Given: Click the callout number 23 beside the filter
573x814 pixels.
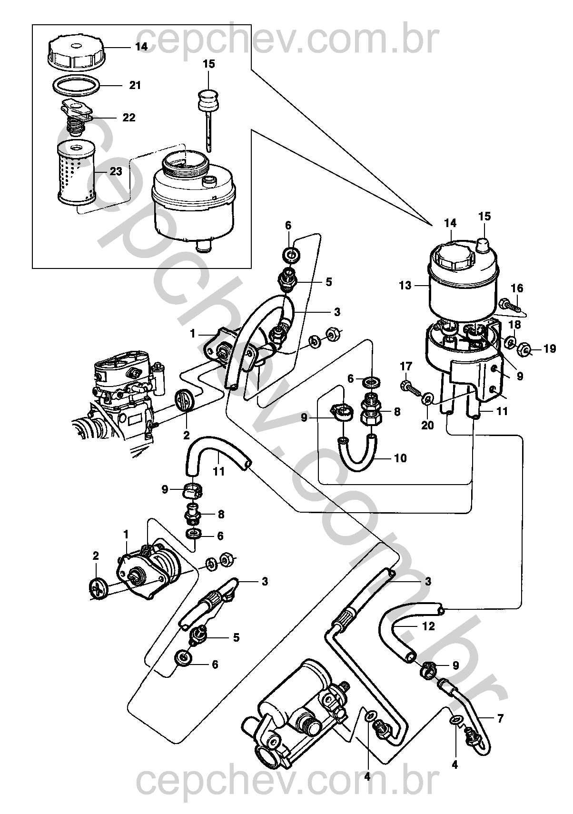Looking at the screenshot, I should pyautogui.click(x=116, y=172).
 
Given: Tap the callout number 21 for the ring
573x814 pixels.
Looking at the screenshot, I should pyautogui.click(x=135, y=86).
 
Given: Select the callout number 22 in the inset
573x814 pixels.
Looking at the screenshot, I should pyautogui.click(x=129, y=118).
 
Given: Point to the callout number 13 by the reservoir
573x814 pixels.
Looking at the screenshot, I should pyautogui.click(x=405, y=286).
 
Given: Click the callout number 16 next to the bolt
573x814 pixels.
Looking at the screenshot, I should pyautogui.click(x=517, y=288).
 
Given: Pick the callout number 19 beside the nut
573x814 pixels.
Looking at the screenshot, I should pyautogui.click(x=550, y=349).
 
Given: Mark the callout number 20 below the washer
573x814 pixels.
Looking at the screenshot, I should pyautogui.click(x=428, y=425).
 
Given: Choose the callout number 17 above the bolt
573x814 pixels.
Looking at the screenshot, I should pyautogui.click(x=405, y=367).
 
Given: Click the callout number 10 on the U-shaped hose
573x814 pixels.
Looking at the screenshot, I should pyautogui.click(x=401, y=458).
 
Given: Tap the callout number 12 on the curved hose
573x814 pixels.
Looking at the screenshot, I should pyautogui.click(x=429, y=626).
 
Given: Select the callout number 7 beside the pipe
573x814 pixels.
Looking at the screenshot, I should pyautogui.click(x=500, y=718).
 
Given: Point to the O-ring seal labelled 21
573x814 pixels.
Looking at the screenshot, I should pyautogui.click(x=76, y=86).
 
